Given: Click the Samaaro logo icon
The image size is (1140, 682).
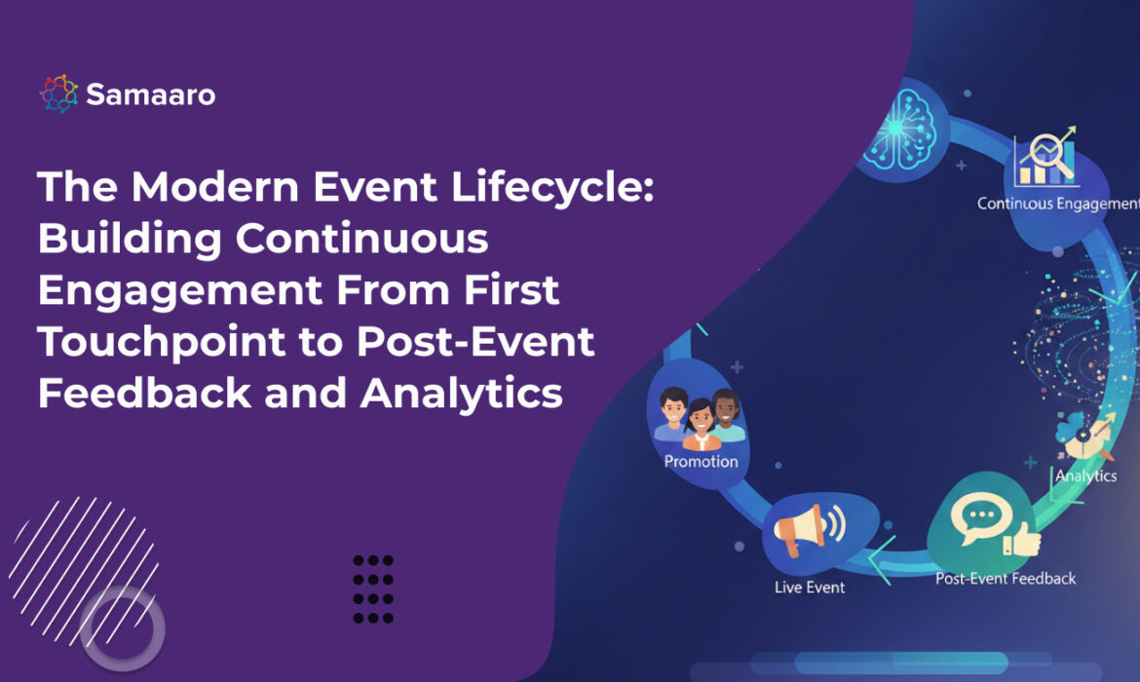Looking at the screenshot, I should point(57,94).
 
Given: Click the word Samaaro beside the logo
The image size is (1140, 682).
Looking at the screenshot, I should point(150,95).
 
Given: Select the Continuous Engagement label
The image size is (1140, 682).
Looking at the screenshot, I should point(1057,204).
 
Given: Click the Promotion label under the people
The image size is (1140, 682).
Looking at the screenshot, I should point(701,461).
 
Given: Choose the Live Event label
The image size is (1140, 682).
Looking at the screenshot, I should point(810,587).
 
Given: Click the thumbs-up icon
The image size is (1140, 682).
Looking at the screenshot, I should point(1020,538).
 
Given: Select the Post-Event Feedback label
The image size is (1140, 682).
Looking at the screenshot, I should point(1006,579).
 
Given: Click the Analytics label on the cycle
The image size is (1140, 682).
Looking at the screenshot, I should point(1085,475).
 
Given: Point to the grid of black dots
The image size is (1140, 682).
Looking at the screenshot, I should point(373,588).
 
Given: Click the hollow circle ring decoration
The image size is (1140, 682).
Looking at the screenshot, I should point(122,627).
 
